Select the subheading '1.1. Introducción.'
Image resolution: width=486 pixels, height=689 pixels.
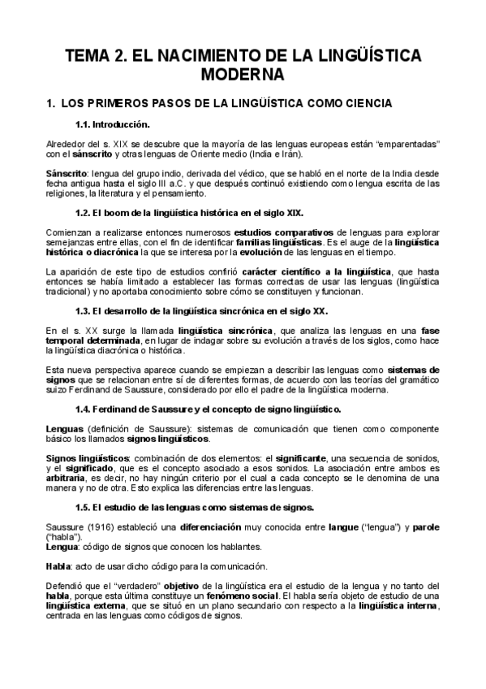(x=112, y=124)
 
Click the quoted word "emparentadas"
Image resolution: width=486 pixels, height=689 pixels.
(x=411, y=143)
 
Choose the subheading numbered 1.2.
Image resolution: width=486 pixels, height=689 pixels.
(x=189, y=212)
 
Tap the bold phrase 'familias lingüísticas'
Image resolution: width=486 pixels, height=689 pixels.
(x=277, y=241)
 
